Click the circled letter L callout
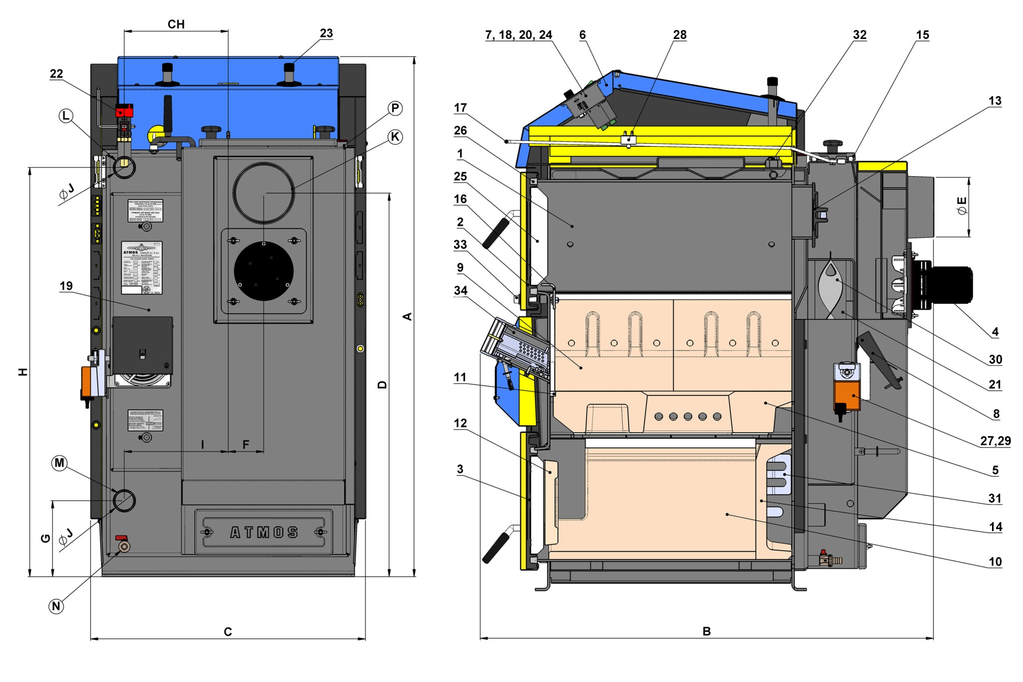[66, 116]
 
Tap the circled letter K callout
[395, 137]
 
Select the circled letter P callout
[395, 108]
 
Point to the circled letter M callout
[59, 463]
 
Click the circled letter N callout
[56, 606]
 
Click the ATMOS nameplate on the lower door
[264, 533]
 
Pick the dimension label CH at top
[176, 24]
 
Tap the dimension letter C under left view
[228, 632]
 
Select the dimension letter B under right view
[706, 631]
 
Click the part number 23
[326, 33]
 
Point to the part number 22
[56, 73]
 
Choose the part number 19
[66, 286]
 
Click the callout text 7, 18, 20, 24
[518, 34]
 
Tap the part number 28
[680, 34]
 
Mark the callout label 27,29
[995, 441]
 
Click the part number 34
[461, 290]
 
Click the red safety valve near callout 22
[124, 110]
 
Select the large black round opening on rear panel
[264, 271]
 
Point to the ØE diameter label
[961, 206]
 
